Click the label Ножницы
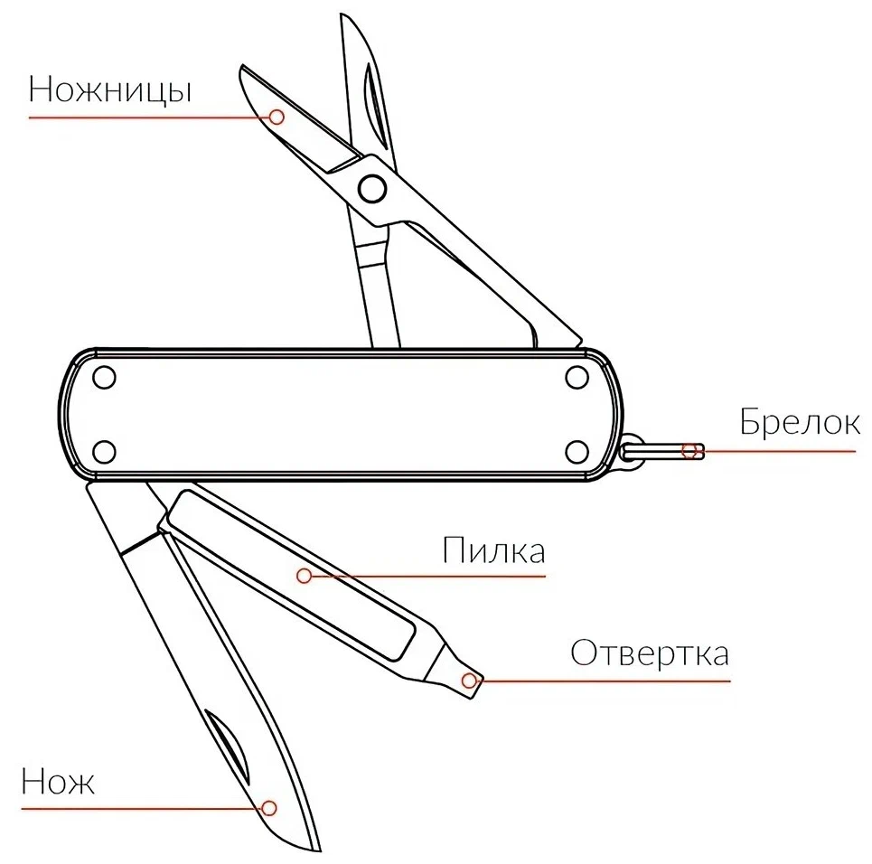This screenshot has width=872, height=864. click(110, 90)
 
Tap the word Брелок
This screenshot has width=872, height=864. click(799, 422)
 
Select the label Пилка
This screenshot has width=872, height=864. click(494, 550)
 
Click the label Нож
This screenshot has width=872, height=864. click(58, 781)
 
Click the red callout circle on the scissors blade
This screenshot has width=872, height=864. click(277, 117)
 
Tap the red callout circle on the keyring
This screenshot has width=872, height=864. click(690, 451)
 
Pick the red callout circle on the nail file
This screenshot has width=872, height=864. click(304, 576)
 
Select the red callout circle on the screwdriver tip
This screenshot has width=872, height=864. click(469, 680)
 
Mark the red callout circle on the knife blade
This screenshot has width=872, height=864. click(269, 808)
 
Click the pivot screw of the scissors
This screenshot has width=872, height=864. click(372, 189)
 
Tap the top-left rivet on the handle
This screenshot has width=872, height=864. click(104, 377)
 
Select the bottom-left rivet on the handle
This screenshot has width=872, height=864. click(104, 452)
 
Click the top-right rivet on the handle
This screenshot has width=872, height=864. click(577, 377)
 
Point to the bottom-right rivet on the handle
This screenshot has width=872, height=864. click(577, 452)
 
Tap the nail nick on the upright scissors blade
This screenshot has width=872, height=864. click(374, 105)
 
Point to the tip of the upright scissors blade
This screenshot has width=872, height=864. click(342, 15)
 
